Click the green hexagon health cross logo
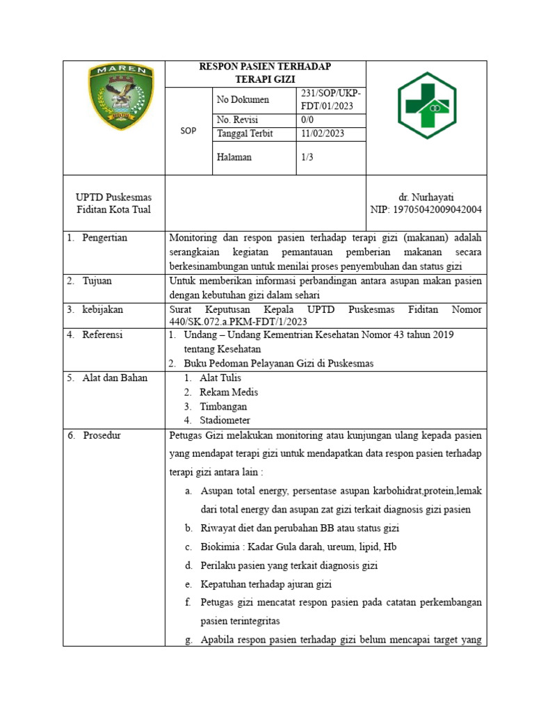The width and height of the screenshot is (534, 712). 426,106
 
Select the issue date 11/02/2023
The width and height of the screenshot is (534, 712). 323,133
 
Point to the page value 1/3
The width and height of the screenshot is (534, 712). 308,158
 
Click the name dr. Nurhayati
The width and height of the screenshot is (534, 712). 426,197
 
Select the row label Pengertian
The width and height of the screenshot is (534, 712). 104,238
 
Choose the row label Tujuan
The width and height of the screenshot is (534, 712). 97,281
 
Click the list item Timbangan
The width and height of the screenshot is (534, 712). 223,407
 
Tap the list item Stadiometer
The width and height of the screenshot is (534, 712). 225,421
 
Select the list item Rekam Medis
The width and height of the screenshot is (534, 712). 227,392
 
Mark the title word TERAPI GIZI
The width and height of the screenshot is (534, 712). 265,80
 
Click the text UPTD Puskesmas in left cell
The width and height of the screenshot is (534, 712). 114,197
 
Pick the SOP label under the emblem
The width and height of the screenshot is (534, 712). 188,131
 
